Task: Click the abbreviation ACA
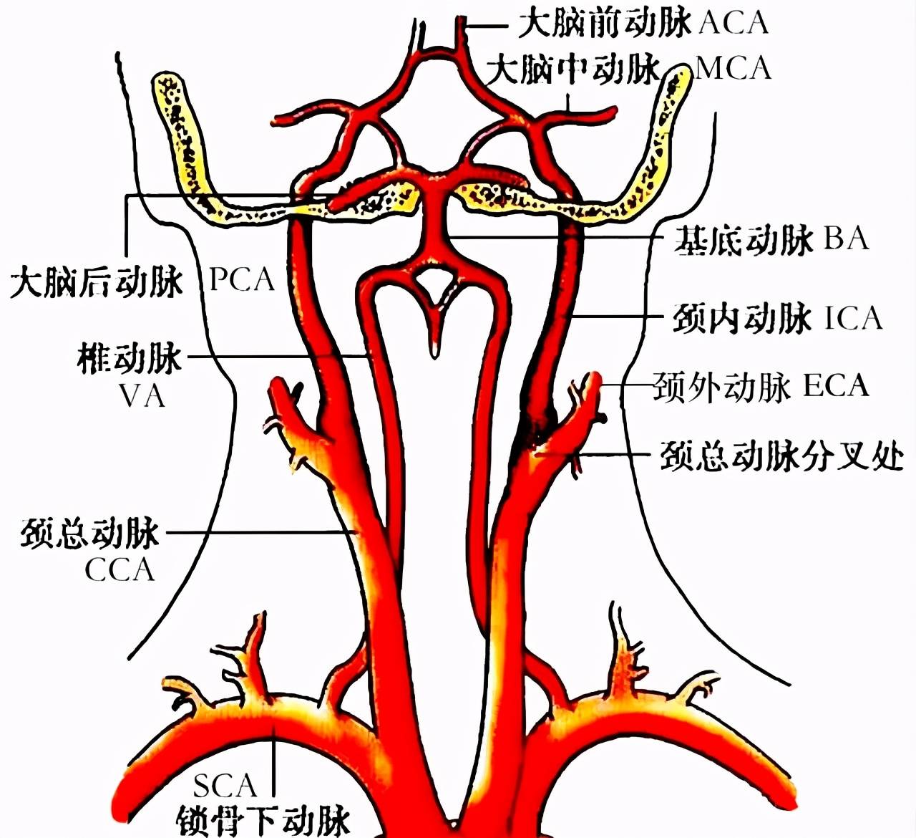point(734,23)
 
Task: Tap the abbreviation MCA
point(732,69)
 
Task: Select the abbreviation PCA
point(242,280)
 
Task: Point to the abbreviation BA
point(847,239)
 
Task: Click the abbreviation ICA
point(854,318)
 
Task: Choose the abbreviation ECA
point(836,385)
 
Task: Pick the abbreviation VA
point(142,396)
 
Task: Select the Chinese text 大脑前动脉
point(605,24)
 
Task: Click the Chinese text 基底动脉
point(744,239)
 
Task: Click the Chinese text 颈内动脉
point(743,319)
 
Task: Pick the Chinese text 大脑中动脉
point(573,70)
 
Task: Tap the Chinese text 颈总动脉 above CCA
point(89,533)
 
